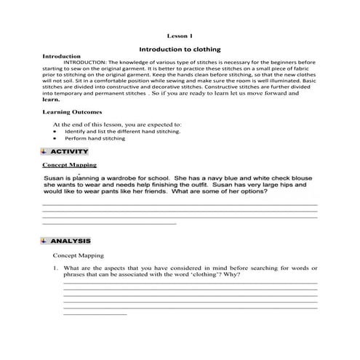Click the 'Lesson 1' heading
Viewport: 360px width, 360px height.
(x=180, y=35)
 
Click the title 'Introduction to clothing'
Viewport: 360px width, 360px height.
(x=180, y=48)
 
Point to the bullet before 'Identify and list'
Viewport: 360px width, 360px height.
(x=55, y=131)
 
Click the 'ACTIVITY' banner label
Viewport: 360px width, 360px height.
(x=69, y=151)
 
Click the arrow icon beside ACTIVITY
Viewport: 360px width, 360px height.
(x=45, y=151)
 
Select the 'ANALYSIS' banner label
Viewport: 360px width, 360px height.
(x=71, y=240)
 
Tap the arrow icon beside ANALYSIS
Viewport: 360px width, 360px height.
(x=45, y=240)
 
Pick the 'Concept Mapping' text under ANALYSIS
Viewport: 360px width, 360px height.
(x=79, y=255)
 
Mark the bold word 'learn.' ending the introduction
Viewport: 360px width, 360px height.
(x=51, y=100)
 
